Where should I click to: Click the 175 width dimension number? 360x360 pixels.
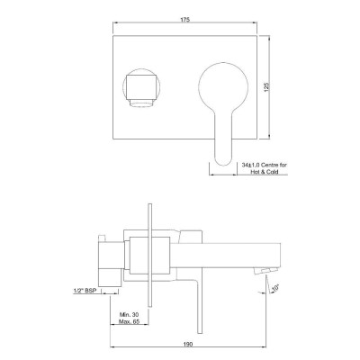pos(184,20)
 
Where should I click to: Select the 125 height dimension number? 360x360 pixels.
pos(266,87)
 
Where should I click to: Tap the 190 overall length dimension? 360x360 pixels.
pos(188,344)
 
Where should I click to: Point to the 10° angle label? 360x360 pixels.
pos(275,288)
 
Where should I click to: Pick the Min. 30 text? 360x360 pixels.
pos(130,315)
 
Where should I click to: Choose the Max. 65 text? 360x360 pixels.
pos(130,321)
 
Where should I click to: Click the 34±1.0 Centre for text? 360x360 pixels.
pos(265,165)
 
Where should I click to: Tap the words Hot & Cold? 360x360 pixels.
pos(265,172)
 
